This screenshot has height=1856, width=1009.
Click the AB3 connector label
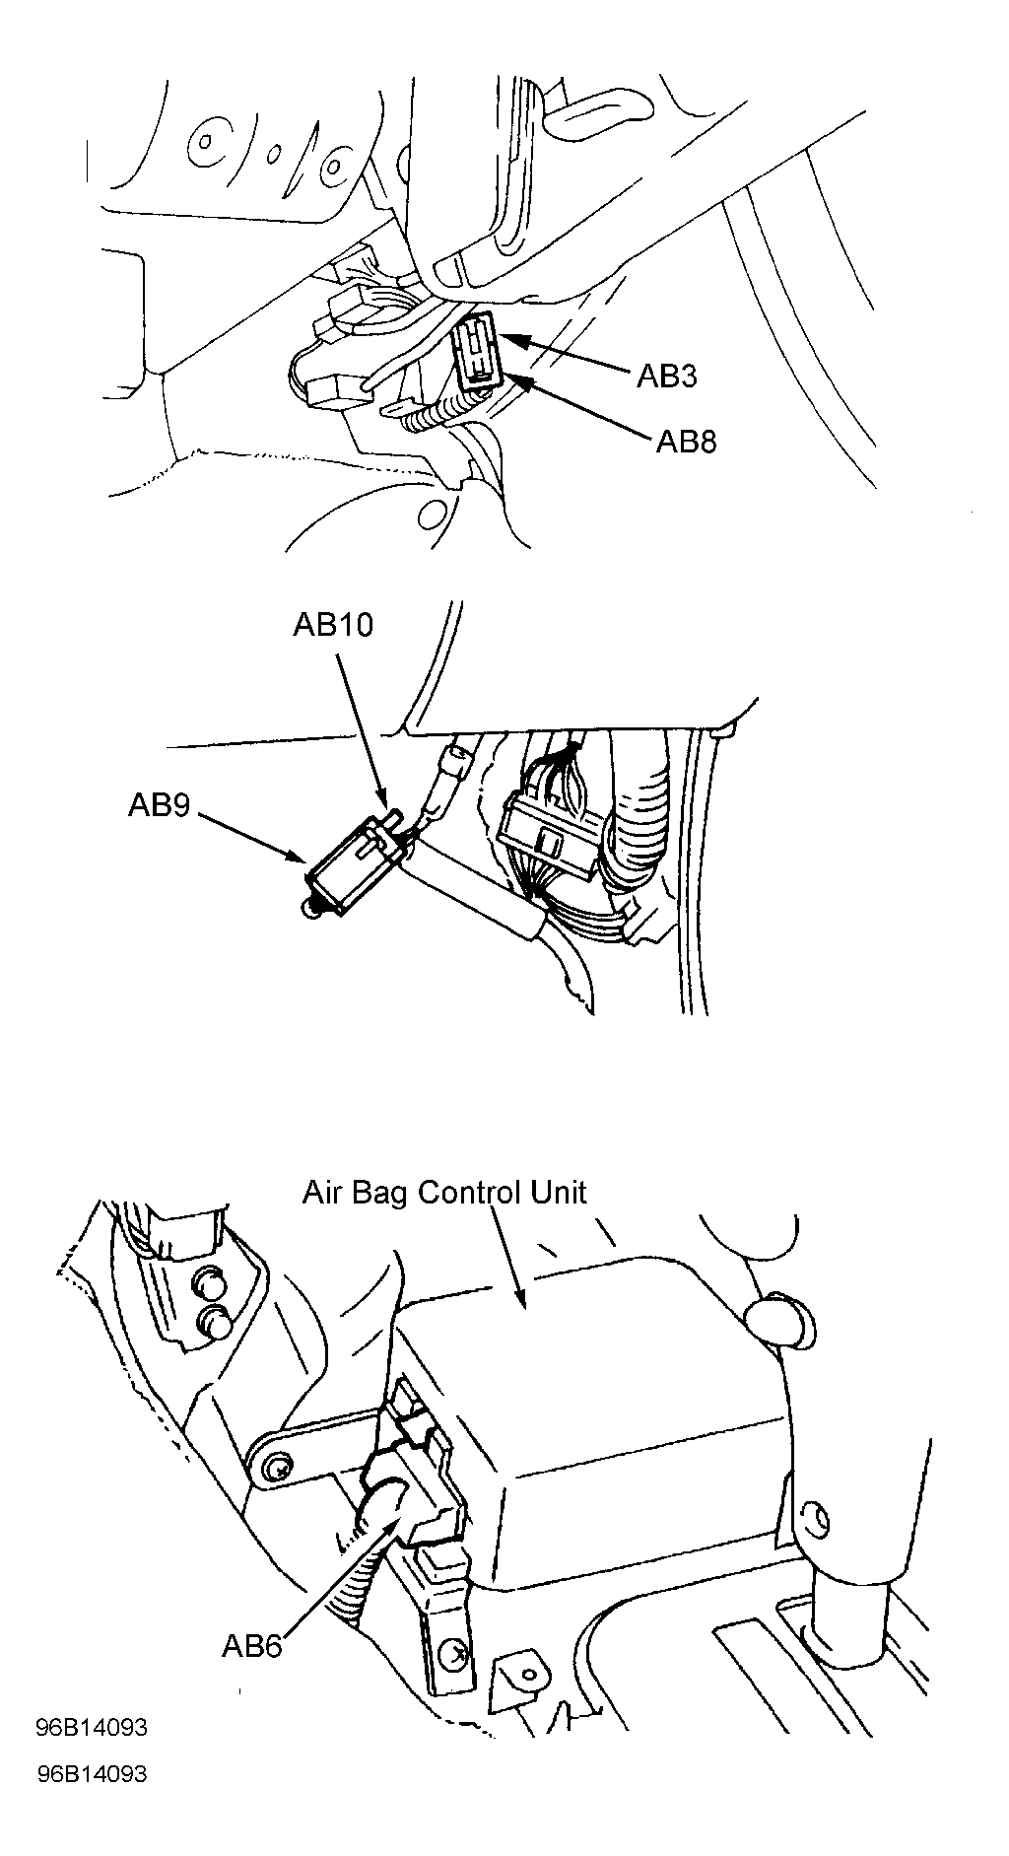click(x=667, y=376)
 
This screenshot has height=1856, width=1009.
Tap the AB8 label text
click(x=687, y=441)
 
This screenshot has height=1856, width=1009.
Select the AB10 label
click(x=333, y=625)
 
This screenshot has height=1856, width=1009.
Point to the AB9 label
click(x=159, y=805)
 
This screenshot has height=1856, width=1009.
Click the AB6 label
click(x=252, y=1645)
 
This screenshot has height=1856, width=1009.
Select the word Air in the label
click(x=320, y=1193)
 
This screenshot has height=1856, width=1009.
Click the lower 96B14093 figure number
click(x=91, y=1773)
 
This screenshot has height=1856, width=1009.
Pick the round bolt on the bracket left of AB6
click(x=277, y=1469)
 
